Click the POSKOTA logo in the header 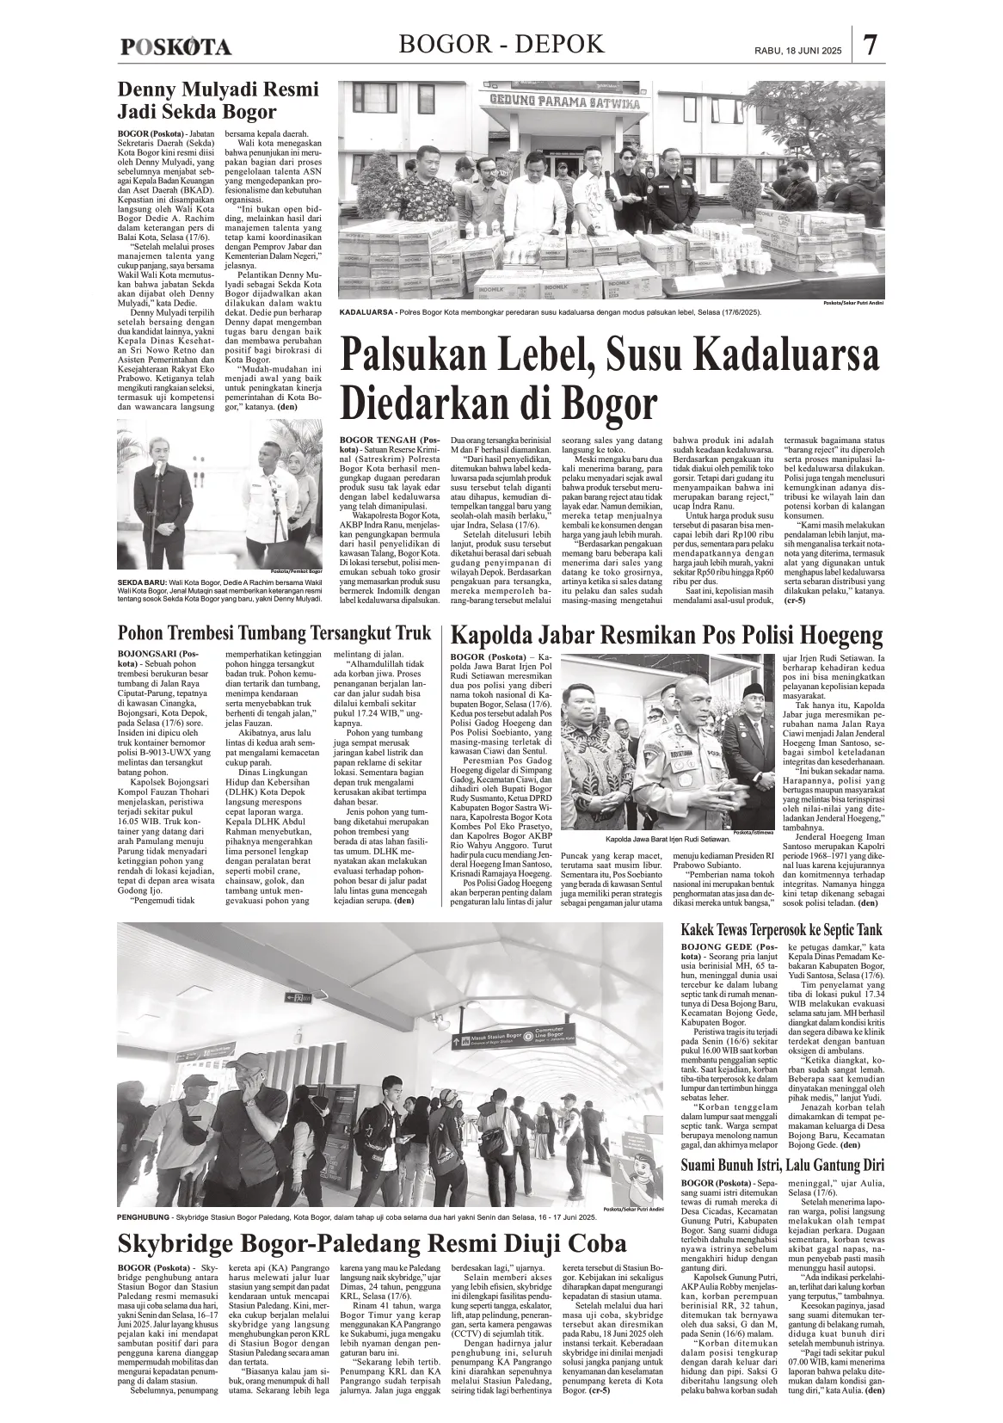click(x=175, y=47)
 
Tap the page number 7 click(x=871, y=46)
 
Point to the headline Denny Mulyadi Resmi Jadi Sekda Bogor click(x=206, y=101)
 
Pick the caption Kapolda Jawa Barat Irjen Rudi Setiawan click(x=661, y=837)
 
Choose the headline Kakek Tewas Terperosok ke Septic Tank click(x=781, y=930)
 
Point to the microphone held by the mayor click(x=157, y=468)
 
